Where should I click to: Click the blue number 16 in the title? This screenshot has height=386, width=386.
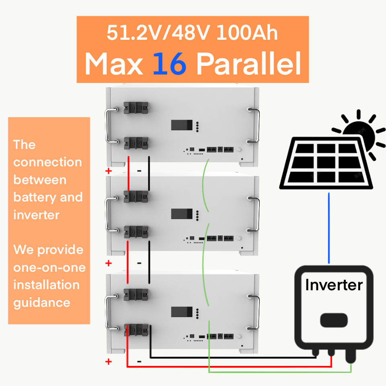(x=169, y=64)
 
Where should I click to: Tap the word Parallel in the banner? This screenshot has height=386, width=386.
(x=249, y=64)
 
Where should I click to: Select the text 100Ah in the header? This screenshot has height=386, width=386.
(x=247, y=33)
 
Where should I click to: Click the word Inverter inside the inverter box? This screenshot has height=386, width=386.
(x=334, y=285)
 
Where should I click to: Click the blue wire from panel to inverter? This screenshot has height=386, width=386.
(x=329, y=228)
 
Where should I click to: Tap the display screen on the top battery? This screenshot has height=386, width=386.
(x=182, y=125)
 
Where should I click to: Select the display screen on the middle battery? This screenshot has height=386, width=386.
(x=182, y=214)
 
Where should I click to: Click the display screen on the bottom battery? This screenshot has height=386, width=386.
(x=182, y=312)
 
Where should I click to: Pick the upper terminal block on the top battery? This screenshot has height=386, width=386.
(x=136, y=108)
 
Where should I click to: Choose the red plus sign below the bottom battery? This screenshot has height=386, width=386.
(x=109, y=361)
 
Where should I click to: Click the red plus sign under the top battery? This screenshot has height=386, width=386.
(x=109, y=170)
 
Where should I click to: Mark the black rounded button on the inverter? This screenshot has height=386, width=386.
(x=334, y=320)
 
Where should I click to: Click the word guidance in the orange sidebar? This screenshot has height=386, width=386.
(x=42, y=303)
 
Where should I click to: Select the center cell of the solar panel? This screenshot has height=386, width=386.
(x=326, y=162)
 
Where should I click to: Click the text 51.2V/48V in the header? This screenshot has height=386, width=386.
(x=158, y=33)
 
